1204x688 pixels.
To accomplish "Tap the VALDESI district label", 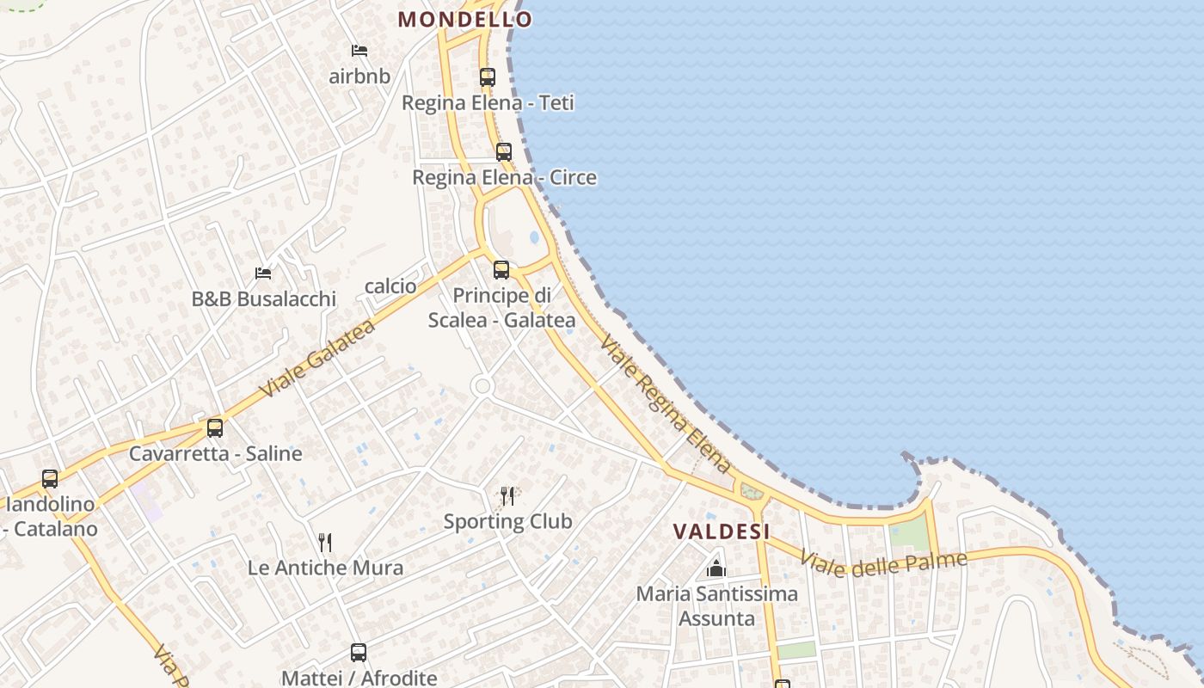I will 721,531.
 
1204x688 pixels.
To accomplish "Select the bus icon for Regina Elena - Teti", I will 488,77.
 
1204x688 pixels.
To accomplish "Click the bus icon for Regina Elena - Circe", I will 504,152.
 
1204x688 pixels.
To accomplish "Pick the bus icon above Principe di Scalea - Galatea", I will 501,270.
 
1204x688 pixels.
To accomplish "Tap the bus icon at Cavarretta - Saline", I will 215,427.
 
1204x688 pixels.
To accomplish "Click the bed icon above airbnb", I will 359,51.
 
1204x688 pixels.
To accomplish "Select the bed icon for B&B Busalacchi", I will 263,273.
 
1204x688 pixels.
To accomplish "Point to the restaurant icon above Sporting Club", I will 507,495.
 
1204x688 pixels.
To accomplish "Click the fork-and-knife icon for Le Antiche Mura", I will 325,542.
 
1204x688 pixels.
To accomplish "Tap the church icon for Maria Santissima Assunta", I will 716,568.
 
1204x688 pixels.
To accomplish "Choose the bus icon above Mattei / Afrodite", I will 359,653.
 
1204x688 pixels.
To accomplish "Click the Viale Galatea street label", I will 317,359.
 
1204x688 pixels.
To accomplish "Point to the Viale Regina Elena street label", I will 665,404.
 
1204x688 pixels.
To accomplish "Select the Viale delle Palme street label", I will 883,562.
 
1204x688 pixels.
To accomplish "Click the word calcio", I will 390,286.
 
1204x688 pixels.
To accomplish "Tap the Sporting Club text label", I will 507,521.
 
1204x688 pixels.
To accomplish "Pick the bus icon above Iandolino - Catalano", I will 50,478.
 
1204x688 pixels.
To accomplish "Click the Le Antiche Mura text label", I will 325,568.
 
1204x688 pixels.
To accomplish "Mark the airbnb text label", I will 359,77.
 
